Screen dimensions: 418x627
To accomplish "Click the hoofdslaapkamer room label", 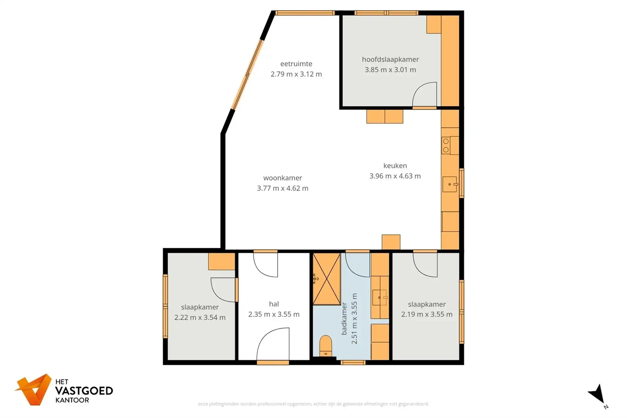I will (x=390, y=59).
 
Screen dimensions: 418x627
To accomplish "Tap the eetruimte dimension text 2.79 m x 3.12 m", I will (x=296, y=74).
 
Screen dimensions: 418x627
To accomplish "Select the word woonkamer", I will (x=282, y=178).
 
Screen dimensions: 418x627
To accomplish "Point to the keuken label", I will (x=395, y=166).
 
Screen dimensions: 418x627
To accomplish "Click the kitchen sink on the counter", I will (x=450, y=184).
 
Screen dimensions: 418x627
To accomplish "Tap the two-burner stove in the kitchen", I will (x=446, y=146).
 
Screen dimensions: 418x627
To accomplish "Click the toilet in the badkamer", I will (x=326, y=346).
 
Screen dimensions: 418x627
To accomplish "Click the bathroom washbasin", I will (x=379, y=297).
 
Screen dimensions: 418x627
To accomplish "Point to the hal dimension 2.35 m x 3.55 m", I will (x=274, y=314).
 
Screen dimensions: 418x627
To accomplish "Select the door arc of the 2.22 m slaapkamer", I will (x=223, y=290).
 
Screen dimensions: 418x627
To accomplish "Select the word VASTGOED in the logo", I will (x=84, y=391).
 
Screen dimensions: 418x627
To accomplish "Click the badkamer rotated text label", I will (x=344, y=319).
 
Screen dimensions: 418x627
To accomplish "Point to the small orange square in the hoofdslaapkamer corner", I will (x=434, y=24).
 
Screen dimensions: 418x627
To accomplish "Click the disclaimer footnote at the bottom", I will (x=313, y=404).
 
